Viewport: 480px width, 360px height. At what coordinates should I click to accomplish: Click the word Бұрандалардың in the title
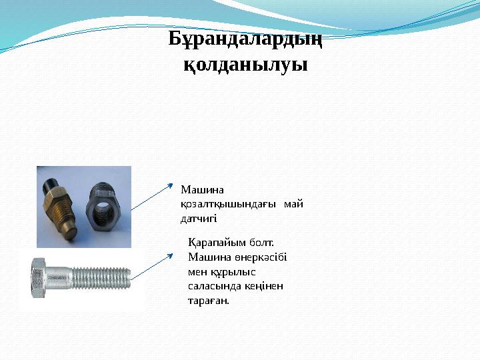(245, 40)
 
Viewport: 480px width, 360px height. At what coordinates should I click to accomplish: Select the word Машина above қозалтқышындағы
(198, 190)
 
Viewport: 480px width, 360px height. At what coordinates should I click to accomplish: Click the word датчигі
(199, 218)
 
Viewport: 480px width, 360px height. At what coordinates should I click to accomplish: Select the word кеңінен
(264, 286)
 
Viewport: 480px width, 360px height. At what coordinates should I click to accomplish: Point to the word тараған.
(209, 301)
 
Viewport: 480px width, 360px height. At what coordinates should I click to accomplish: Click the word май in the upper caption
(293, 204)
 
